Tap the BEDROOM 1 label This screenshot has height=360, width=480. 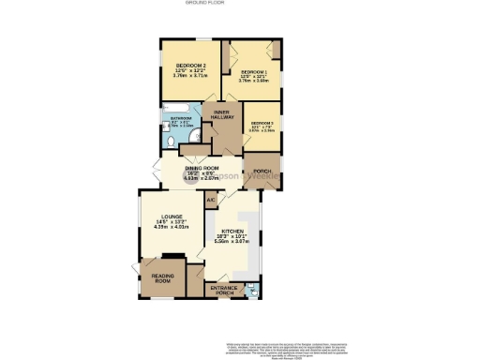[253, 72]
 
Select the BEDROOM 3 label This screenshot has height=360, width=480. [261, 123]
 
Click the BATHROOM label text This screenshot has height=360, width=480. [181, 118]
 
